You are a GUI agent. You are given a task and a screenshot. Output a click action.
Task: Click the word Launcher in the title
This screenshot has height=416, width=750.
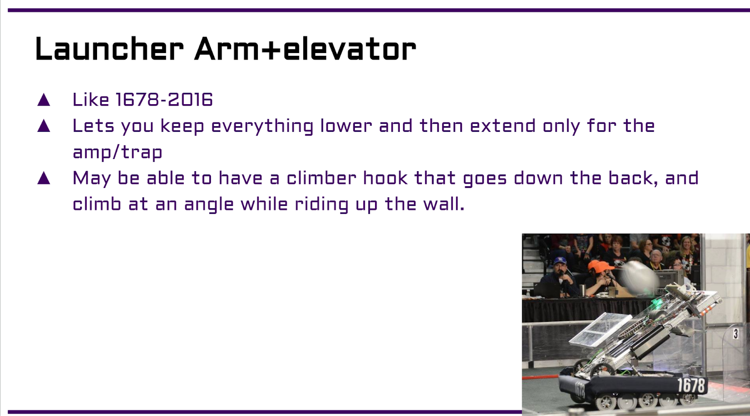(x=110, y=49)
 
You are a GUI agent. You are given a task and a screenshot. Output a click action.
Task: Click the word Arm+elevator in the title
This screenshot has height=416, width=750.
(x=305, y=49)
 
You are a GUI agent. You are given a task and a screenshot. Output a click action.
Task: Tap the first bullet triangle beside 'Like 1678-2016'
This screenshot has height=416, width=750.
(x=44, y=100)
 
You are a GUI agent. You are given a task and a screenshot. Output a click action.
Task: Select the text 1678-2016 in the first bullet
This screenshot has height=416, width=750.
(x=164, y=99)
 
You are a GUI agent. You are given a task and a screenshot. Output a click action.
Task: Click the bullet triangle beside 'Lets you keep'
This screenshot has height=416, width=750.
(x=44, y=126)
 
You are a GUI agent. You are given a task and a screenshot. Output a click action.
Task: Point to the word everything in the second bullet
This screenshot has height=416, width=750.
(x=262, y=127)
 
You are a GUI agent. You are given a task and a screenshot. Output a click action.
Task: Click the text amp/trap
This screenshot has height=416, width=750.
(x=118, y=152)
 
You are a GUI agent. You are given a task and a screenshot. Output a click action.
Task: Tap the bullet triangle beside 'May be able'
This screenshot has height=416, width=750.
(x=44, y=178)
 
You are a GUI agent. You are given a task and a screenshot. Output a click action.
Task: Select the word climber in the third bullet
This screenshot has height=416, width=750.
(x=322, y=178)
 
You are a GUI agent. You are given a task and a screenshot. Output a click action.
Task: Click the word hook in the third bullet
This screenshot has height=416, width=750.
(x=385, y=178)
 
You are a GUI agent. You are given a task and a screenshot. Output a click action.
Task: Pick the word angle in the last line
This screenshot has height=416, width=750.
(x=209, y=205)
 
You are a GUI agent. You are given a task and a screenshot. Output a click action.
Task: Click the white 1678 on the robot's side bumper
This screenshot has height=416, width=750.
(x=691, y=385)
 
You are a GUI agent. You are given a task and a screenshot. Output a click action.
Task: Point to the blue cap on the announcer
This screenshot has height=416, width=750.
(x=560, y=261)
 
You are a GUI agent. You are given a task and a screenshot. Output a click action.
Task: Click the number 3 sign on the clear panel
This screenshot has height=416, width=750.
(x=735, y=333)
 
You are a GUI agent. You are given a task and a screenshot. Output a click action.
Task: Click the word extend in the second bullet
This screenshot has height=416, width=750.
(x=502, y=126)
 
